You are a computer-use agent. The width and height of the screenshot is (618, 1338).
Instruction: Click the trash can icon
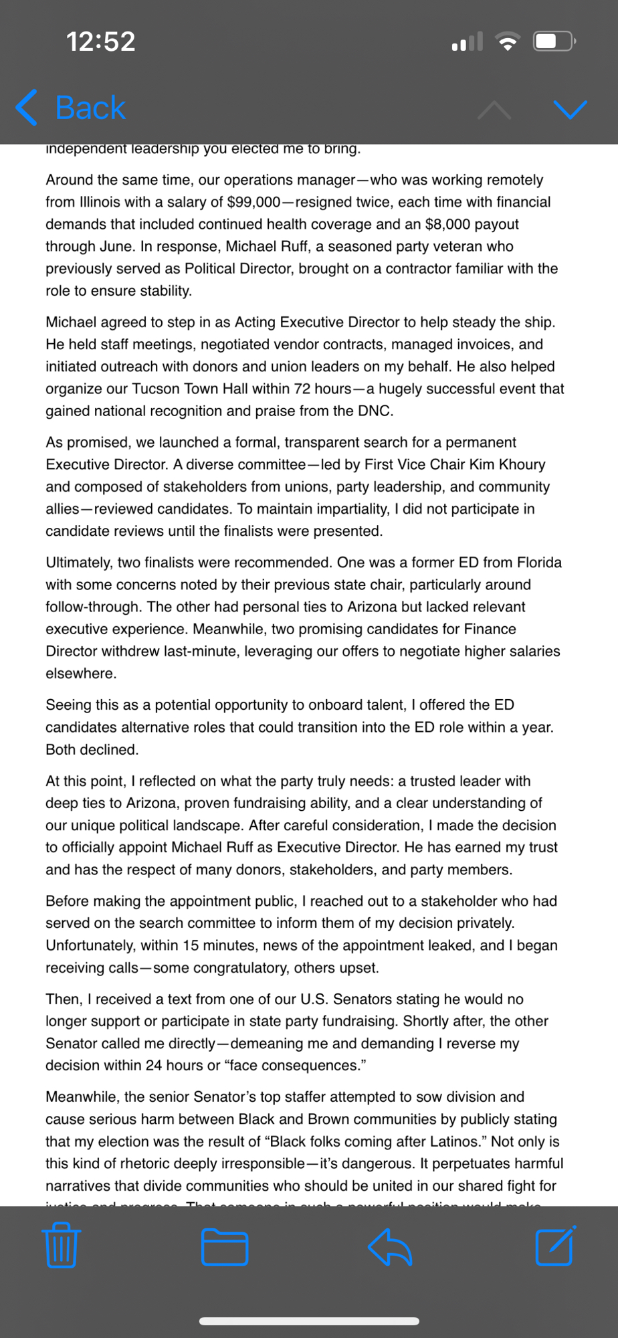pos(62,1246)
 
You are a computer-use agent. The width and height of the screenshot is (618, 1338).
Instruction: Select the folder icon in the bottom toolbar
pos(225,1247)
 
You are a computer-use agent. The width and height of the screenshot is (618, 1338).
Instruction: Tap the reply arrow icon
pos(390,1247)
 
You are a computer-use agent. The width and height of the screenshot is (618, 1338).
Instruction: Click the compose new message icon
pos(555,1246)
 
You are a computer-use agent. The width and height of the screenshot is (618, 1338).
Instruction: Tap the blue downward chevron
pos(571,109)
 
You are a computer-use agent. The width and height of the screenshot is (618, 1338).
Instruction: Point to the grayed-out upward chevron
pos(494,110)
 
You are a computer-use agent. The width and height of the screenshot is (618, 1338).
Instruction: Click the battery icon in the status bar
pos(554,41)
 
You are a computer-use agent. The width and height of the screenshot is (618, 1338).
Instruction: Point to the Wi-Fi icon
pos(508,42)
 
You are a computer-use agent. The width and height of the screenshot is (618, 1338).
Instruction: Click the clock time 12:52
pos(100,41)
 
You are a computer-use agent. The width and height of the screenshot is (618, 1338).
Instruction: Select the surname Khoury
pos(521,464)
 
